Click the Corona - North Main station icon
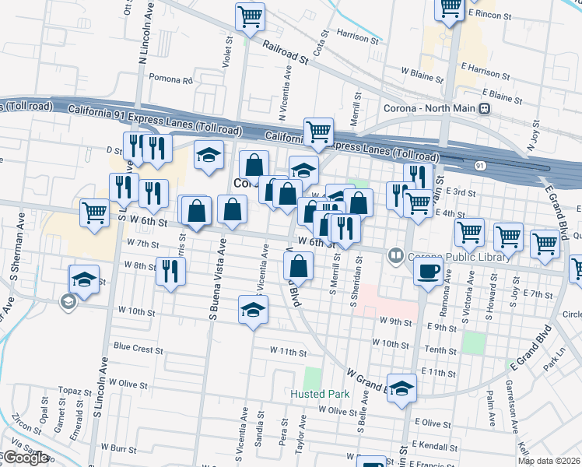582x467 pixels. (x=485, y=108)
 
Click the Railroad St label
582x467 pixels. (x=286, y=54)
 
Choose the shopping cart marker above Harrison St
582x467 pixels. (x=250, y=16)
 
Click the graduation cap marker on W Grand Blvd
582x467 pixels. (x=401, y=388)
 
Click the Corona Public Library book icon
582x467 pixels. (x=396, y=255)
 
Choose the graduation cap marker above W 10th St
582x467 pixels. (x=253, y=310)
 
